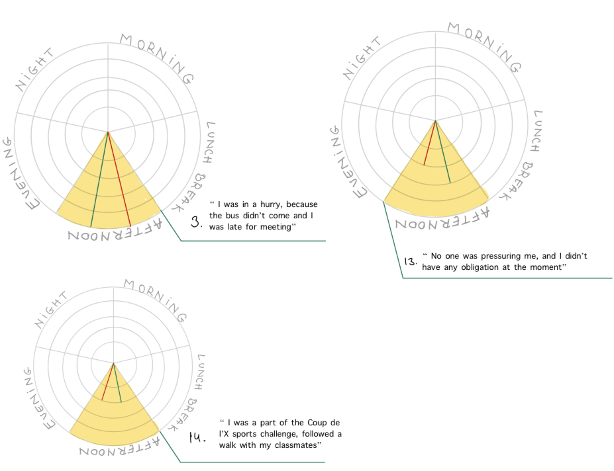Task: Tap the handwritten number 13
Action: tap(410, 261)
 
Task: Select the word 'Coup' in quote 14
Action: tap(315, 422)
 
